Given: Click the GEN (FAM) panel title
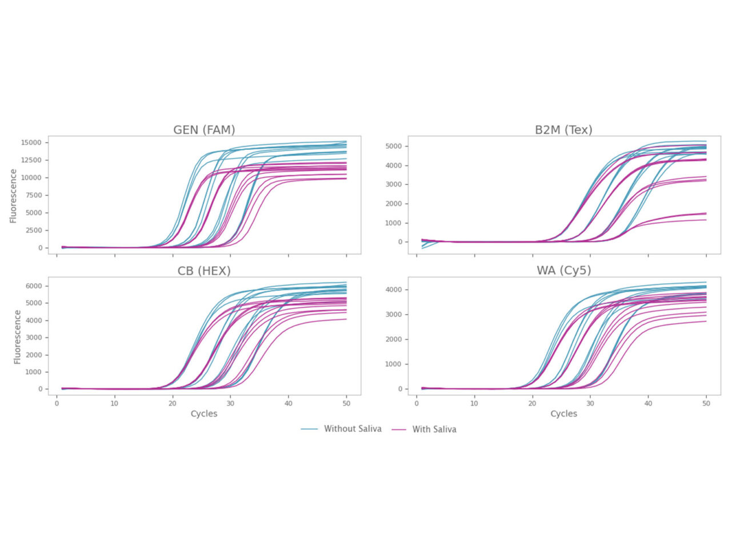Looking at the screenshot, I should pyautogui.click(x=204, y=130).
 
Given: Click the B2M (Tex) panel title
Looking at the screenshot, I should pyautogui.click(x=563, y=130).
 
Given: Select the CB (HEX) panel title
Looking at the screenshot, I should pyautogui.click(x=204, y=271).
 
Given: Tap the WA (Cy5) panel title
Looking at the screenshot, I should pyautogui.click(x=563, y=271).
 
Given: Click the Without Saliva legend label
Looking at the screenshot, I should pyautogui.click(x=353, y=429).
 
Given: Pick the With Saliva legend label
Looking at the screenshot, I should pyautogui.click(x=434, y=429).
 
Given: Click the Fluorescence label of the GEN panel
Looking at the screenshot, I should pyautogui.click(x=13, y=196).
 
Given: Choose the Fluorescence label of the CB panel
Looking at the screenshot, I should pyautogui.click(x=17, y=337).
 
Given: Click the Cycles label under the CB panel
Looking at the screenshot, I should pyautogui.click(x=204, y=414).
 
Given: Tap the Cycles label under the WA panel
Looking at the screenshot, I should pyautogui.click(x=563, y=414).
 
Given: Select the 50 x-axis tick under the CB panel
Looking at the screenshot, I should pyautogui.click(x=346, y=403).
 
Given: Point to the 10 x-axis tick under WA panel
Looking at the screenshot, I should pyautogui.click(x=474, y=403).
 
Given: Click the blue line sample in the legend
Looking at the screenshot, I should pyautogui.click(x=309, y=429).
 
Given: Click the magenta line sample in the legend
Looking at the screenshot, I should pyautogui.click(x=399, y=429).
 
